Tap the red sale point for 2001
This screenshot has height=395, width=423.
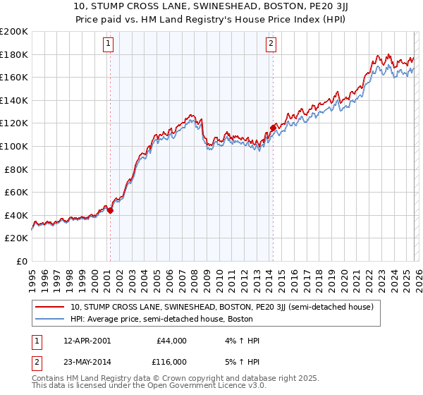[x=110, y=210]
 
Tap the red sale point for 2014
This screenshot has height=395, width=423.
[x=273, y=128]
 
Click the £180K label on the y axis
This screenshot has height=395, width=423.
[x=14, y=54]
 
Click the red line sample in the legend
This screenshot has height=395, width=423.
[x=49, y=307]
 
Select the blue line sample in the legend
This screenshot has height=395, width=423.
[x=49, y=319]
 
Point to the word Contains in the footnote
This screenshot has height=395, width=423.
[x=49, y=379]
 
